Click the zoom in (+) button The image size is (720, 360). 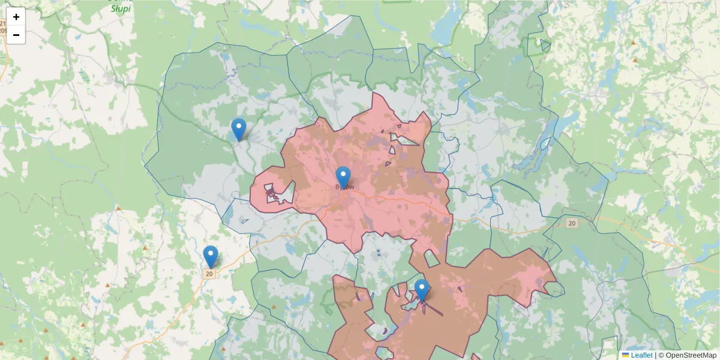(16, 17)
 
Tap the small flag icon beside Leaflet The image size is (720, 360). (625, 355)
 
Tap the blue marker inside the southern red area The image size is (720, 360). (422, 290)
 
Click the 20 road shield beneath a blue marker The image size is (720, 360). (209, 274)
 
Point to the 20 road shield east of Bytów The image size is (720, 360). (572, 223)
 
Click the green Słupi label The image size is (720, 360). (121, 9)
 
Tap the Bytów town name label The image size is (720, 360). (344, 187)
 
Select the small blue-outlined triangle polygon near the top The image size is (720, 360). (545, 45)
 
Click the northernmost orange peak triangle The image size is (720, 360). (633, 43)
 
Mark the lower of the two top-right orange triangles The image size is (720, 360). (635, 61)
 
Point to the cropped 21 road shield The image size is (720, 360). (2, 23)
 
